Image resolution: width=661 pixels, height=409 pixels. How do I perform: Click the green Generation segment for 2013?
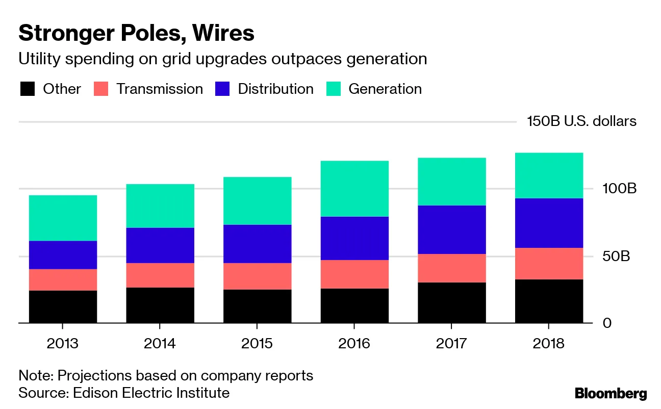point(63,218)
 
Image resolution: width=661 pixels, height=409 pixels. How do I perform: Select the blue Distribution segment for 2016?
point(354,238)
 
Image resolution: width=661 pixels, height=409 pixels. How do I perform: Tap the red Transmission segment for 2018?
point(549,264)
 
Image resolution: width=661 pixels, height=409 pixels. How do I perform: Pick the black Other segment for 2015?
point(257,306)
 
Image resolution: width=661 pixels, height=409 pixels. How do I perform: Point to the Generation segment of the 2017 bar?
point(451,182)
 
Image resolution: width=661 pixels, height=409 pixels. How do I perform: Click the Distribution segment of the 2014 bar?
point(160,245)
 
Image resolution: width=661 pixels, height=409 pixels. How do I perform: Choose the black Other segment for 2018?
point(549,301)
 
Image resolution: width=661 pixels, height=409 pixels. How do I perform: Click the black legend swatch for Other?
point(28,89)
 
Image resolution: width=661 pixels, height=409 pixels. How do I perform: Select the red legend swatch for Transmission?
point(101,89)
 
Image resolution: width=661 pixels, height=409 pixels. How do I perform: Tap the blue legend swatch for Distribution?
point(223,89)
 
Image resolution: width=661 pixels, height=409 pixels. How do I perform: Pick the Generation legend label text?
point(385,89)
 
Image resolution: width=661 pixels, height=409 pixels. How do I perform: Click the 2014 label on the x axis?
point(160,343)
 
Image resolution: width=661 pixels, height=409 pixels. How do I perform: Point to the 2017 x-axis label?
point(451,343)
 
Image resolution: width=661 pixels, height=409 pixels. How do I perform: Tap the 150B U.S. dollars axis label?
point(582,121)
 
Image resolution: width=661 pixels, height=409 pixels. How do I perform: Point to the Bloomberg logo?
point(611,394)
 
